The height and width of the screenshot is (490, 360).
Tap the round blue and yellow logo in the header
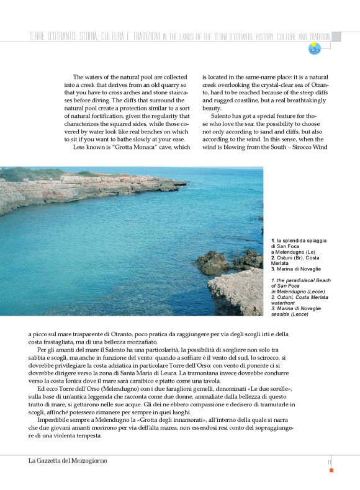tap(314, 48)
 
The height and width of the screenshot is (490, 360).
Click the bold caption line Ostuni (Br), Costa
tap(296, 257)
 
